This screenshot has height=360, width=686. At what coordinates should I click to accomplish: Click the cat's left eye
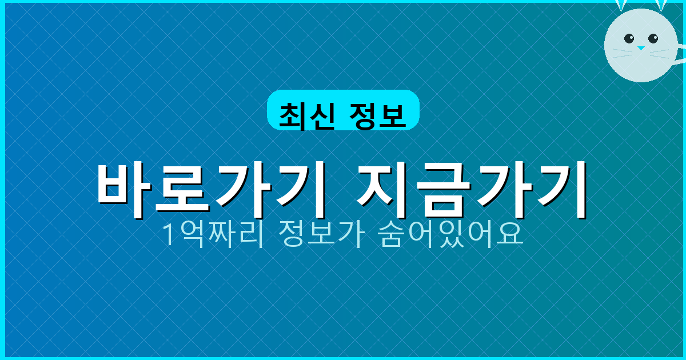(x=629, y=39)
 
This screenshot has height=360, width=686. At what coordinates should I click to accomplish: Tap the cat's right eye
(x=653, y=39)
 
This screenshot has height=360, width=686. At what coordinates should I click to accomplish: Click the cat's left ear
(x=621, y=5)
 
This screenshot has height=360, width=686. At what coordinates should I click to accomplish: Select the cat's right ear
(x=661, y=5)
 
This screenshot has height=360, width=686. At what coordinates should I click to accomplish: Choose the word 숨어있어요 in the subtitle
(x=451, y=234)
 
